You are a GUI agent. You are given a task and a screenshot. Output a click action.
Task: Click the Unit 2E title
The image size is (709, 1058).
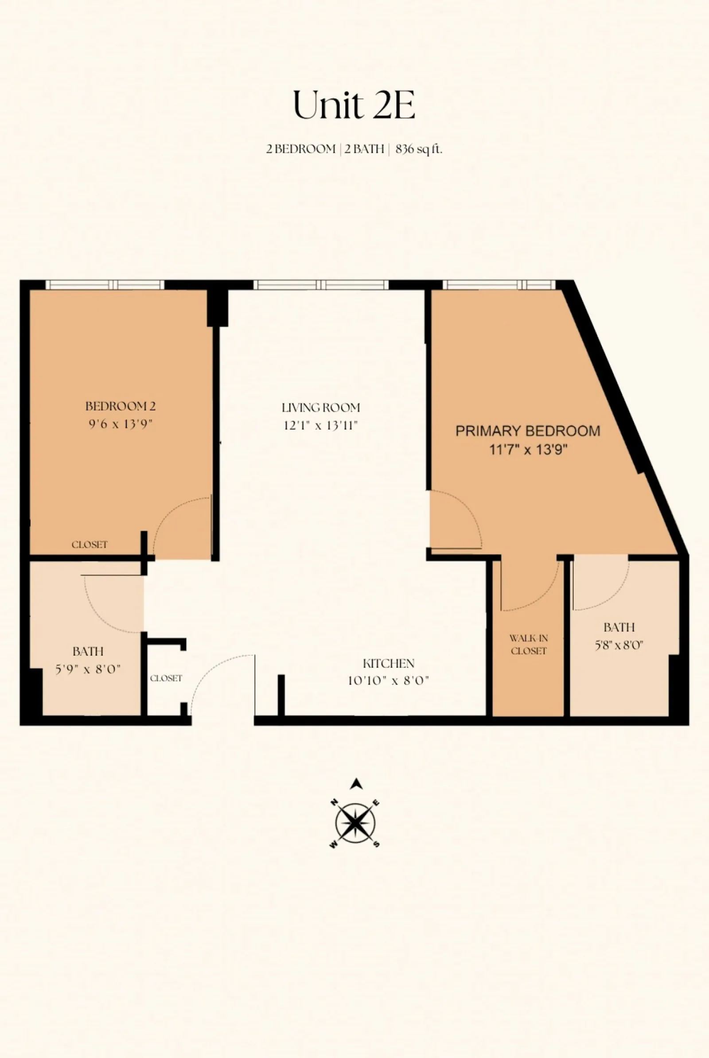[354, 105]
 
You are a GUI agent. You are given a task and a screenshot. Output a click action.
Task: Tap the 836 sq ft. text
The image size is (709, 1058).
[418, 149]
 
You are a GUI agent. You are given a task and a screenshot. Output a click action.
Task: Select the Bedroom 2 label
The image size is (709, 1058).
[120, 406]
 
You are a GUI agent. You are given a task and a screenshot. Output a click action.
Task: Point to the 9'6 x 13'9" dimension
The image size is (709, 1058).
[120, 424]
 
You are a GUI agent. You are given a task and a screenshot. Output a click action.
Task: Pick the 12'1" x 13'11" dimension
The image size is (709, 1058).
[320, 425]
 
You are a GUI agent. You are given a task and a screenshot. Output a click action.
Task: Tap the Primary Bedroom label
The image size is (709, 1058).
[528, 431]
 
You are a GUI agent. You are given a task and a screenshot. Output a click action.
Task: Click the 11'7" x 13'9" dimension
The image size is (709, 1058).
[528, 449]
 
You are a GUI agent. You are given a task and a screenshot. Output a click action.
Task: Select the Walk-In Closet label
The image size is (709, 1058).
[528, 644]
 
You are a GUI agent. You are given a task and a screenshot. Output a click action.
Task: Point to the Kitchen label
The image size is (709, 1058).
[389, 663]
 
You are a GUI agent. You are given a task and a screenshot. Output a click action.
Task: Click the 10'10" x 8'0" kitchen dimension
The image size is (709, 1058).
[389, 681]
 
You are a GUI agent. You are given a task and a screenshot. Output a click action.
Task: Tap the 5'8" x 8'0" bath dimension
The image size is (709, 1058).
[619, 645]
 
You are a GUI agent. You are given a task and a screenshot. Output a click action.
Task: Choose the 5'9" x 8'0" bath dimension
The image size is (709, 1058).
[88, 669]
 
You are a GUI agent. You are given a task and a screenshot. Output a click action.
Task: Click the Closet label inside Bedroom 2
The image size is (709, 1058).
[90, 545]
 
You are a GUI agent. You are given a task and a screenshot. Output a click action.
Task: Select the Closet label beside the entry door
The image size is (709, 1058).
[166, 678]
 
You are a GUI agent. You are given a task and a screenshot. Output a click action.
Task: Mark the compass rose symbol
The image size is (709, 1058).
[355, 823]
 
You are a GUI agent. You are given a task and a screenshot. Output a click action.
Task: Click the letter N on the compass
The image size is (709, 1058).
[335, 802]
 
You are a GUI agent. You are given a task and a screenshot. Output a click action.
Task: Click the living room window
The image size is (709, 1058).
[320, 285]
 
